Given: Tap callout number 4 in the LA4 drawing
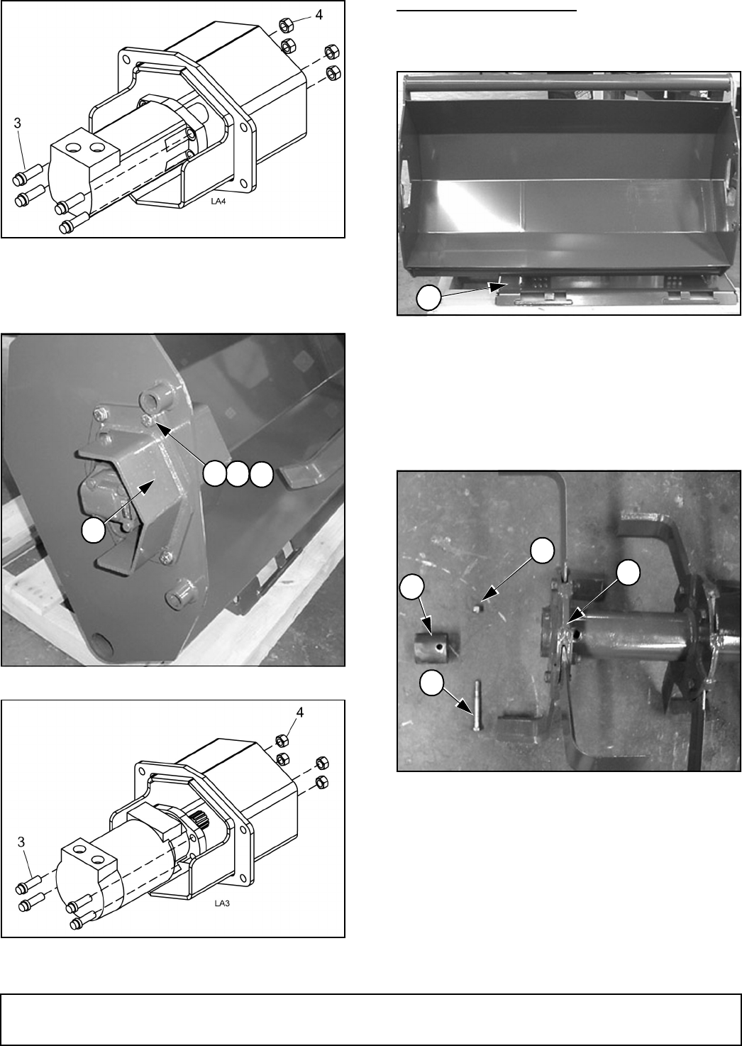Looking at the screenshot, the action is (319, 15).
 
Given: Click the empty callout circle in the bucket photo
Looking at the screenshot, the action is (428, 298).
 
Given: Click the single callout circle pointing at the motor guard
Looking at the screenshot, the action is (93, 532).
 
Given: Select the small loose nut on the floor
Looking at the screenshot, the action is (476, 608).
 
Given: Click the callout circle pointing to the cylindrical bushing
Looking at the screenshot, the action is (412, 587).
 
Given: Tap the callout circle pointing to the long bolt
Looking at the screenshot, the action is (431, 683).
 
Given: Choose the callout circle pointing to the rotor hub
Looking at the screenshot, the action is (628, 573).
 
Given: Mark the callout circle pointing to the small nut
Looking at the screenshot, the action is (543, 550).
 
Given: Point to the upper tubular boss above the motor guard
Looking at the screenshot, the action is (156, 400).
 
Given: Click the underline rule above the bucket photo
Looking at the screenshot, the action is (487, 9).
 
